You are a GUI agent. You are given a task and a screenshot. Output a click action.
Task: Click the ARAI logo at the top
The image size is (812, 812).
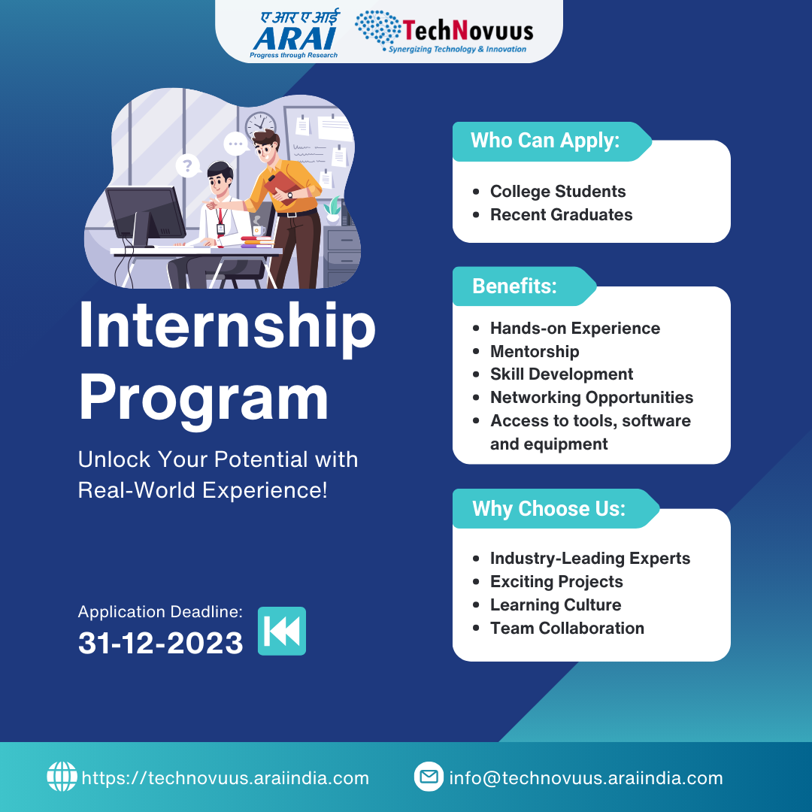(294, 34)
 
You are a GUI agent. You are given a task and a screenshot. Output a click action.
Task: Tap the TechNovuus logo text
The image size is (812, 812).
(468, 31)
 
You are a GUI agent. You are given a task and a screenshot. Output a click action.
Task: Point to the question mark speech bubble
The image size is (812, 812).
(187, 166)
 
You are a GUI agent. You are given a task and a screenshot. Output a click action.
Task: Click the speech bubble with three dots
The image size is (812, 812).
(236, 144)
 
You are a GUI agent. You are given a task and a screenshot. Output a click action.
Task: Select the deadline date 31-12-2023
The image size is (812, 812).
(161, 643)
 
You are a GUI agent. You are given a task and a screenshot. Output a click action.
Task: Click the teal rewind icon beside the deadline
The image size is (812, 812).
(282, 631)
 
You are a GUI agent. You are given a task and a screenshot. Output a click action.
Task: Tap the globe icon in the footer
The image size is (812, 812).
(62, 776)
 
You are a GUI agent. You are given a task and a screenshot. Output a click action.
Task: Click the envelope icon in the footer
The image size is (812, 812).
(429, 776)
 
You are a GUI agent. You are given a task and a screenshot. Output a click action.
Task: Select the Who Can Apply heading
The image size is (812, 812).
(545, 141)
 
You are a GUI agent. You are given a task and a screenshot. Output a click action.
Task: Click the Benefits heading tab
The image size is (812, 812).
(514, 286)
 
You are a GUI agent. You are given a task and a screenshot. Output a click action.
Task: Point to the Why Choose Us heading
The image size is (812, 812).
(548, 508)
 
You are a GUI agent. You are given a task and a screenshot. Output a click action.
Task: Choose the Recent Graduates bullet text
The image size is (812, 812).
(562, 214)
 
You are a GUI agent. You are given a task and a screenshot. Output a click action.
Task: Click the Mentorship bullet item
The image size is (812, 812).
(535, 351)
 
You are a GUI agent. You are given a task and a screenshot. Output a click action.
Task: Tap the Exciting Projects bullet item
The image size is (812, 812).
(556, 581)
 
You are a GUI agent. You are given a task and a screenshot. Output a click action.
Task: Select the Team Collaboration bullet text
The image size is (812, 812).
(567, 628)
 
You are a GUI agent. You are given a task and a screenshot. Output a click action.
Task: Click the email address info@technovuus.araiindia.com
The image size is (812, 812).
(586, 778)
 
